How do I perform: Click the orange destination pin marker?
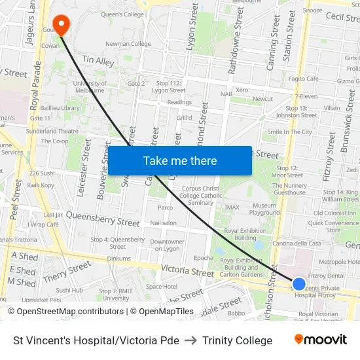[x=61, y=25]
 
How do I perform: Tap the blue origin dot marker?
[x=299, y=283]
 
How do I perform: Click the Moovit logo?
[x=321, y=339]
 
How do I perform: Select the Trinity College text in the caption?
[x=237, y=340]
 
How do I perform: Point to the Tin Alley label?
[x=98, y=60]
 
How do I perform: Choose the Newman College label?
[x=128, y=44]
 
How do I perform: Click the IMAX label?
[x=232, y=207]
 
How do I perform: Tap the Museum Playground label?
[x=264, y=209]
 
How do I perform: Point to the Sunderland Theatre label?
[x=52, y=131]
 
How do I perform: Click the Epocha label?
[x=204, y=258]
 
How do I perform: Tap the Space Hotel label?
[x=161, y=286]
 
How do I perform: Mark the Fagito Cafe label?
[x=303, y=79]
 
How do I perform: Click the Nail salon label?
[x=163, y=223]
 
